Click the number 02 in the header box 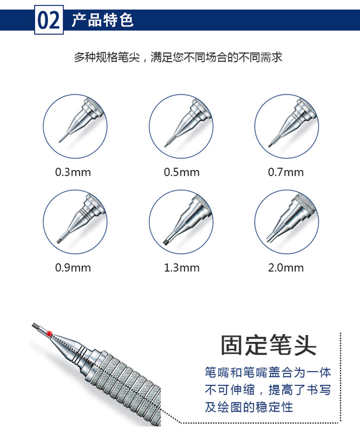click(49, 20)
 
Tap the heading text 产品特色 click(103, 20)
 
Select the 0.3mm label click(73, 172)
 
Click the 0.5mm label click(181, 172)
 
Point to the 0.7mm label click(286, 172)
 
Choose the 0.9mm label click(73, 267)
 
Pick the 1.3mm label click(181, 267)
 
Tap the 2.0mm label click(286, 267)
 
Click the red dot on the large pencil click(49, 334)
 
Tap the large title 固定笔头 click(268, 345)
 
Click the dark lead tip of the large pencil click(36, 326)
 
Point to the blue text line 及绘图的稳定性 click(249, 407)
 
